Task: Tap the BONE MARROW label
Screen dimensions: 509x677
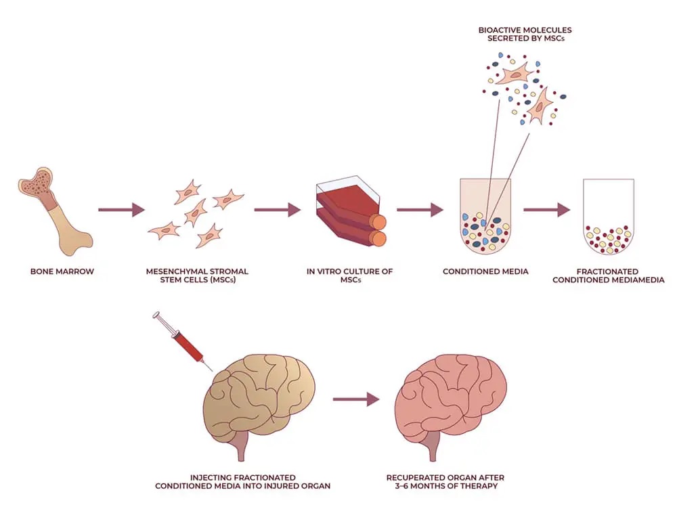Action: [62, 272]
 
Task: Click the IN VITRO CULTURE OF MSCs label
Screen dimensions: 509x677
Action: [349, 276]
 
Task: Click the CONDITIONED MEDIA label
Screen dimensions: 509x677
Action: [485, 272]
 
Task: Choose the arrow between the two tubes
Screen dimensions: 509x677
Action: [547, 210]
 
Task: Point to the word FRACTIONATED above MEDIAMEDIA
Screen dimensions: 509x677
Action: [607, 272]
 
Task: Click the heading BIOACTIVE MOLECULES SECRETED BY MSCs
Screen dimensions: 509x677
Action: [525, 34]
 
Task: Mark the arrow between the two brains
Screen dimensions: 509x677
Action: [355, 399]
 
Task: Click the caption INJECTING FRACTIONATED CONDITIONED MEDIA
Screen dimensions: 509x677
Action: [242, 482]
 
